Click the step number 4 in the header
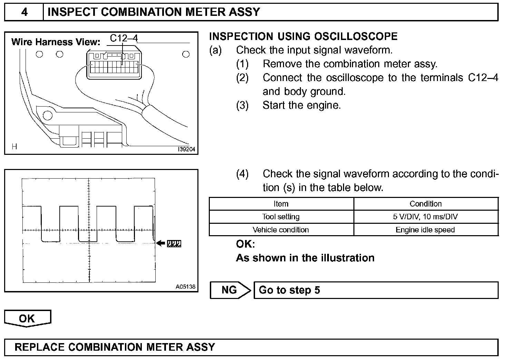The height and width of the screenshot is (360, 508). click(x=24, y=12)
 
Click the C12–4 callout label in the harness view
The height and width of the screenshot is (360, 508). click(x=124, y=38)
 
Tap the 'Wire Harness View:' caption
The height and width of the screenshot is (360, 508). click(x=56, y=42)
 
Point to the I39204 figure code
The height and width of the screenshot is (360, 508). click(x=186, y=149)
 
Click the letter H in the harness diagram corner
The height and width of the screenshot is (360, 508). click(x=14, y=147)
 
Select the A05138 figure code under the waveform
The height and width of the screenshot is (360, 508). click(x=185, y=287)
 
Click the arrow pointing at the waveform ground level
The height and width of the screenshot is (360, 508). click(x=161, y=243)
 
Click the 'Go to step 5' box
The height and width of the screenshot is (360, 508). click(x=375, y=290)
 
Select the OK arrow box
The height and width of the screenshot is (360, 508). click(x=27, y=318)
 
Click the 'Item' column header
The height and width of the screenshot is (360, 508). click(x=281, y=204)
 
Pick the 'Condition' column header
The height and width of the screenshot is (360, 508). click(x=426, y=204)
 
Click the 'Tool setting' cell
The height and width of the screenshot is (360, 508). click(x=281, y=217)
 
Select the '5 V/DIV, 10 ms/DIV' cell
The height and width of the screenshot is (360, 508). click(x=426, y=217)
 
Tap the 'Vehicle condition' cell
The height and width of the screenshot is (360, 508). click(x=281, y=230)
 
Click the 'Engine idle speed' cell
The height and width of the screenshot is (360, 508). click(x=426, y=230)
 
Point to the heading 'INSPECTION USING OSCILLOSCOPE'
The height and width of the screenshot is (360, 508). click(x=303, y=37)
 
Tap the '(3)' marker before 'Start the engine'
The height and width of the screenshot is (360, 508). click(x=242, y=105)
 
